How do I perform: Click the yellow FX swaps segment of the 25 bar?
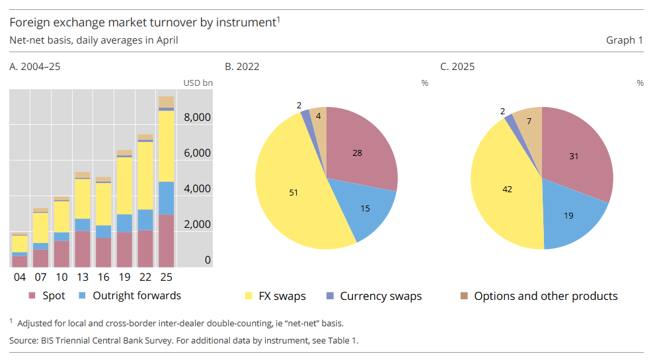click(166, 145)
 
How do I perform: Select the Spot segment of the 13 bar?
click(83, 248)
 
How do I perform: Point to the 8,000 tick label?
click(197, 118)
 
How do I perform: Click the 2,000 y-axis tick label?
click(197, 225)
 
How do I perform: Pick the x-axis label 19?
click(124, 276)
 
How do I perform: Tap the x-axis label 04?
click(20, 276)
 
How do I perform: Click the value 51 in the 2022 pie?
click(294, 192)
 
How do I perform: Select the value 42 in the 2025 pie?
click(508, 190)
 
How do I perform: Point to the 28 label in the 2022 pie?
click(357, 153)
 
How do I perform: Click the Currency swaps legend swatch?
click(330, 296)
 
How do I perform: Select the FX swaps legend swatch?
click(249, 296)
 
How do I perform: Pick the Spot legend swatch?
click(32, 296)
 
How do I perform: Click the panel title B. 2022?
click(242, 67)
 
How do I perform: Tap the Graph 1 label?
click(624, 40)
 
